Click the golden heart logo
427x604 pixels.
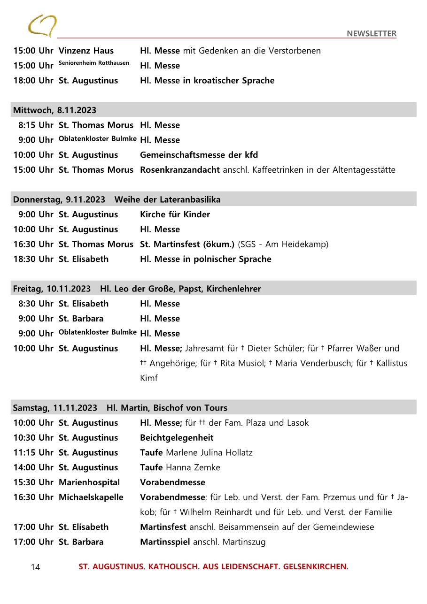(x=42, y=26)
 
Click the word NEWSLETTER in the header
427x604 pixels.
(x=371, y=33)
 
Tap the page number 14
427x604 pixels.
(x=36, y=567)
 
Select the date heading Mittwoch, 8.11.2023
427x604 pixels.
(x=54, y=110)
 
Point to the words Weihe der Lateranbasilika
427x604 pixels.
(x=167, y=199)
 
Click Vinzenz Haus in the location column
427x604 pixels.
(x=86, y=51)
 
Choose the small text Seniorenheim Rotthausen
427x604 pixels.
(x=94, y=63)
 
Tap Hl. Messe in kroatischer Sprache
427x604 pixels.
(x=207, y=80)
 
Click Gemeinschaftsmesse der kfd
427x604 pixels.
(x=199, y=155)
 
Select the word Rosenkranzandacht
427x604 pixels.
(x=180, y=170)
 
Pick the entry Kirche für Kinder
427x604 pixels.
(x=175, y=214)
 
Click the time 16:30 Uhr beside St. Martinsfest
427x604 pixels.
(x=33, y=244)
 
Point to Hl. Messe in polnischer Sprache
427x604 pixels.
(x=205, y=259)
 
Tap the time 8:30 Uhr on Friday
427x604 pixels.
(x=36, y=304)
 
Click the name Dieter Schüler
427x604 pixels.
(x=273, y=348)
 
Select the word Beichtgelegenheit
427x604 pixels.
(x=177, y=438)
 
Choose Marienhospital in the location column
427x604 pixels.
(x=89, y=482)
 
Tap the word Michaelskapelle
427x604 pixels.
(x=91, y=497)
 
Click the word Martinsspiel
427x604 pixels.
(x=165, y=542)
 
